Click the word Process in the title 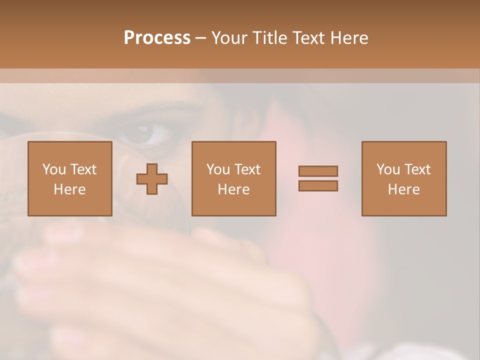(157, 38)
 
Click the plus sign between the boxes (152, 179)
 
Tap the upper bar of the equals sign (318, 171)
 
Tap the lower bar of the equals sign (318, 185)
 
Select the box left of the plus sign (70, 178)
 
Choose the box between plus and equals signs (234, 178)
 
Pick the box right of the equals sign (404, 178)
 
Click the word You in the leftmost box (54, 169)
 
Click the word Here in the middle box (234, 189)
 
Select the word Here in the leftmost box (70, 189)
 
